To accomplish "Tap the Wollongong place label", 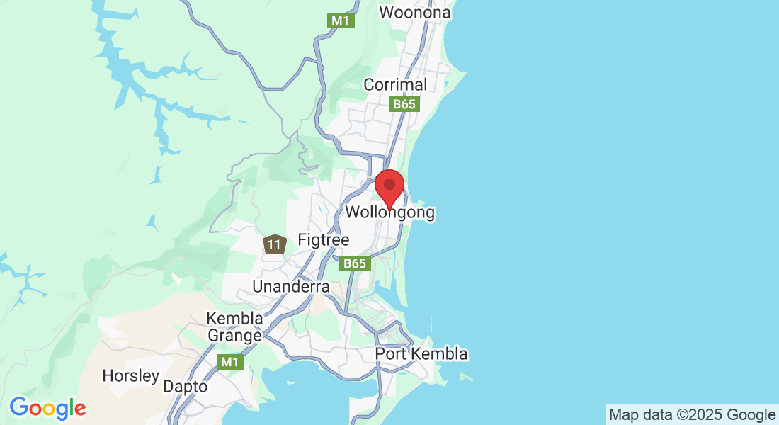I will pos(389,212).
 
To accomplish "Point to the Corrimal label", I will pos(395,84).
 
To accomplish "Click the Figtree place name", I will pos(324,240).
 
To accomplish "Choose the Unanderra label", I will pos(291,287).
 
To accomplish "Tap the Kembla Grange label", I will pos(234,327).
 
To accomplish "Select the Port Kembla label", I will pos(421,353).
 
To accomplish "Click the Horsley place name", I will pos(131,375).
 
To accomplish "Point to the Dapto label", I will pos(186,387).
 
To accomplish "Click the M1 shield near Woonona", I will pos(341,21).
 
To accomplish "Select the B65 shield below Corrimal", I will pos(405,104).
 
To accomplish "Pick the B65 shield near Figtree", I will pos(356,263).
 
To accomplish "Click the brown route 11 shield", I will pos(274,245).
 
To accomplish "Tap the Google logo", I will pos(47,408).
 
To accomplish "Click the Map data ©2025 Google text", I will pos(692,414).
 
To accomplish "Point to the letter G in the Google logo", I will pos(19,407).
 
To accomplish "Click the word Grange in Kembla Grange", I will pos(234,335).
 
